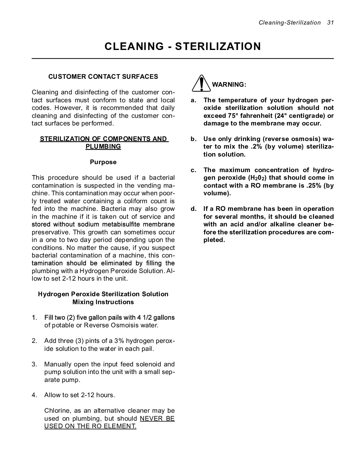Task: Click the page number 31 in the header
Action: pos(330,23)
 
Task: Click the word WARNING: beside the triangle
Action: pos(229,84)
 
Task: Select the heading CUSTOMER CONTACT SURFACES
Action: pos(103,76)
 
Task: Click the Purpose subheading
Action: pos(103,162)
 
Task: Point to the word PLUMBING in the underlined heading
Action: pos(103,147)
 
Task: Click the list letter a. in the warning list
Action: pos(194,100)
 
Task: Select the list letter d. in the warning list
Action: pos(194,209)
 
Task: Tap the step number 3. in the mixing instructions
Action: pos(35,364)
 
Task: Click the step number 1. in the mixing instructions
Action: pos(35,318)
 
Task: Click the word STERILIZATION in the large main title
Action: pos(218,46)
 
